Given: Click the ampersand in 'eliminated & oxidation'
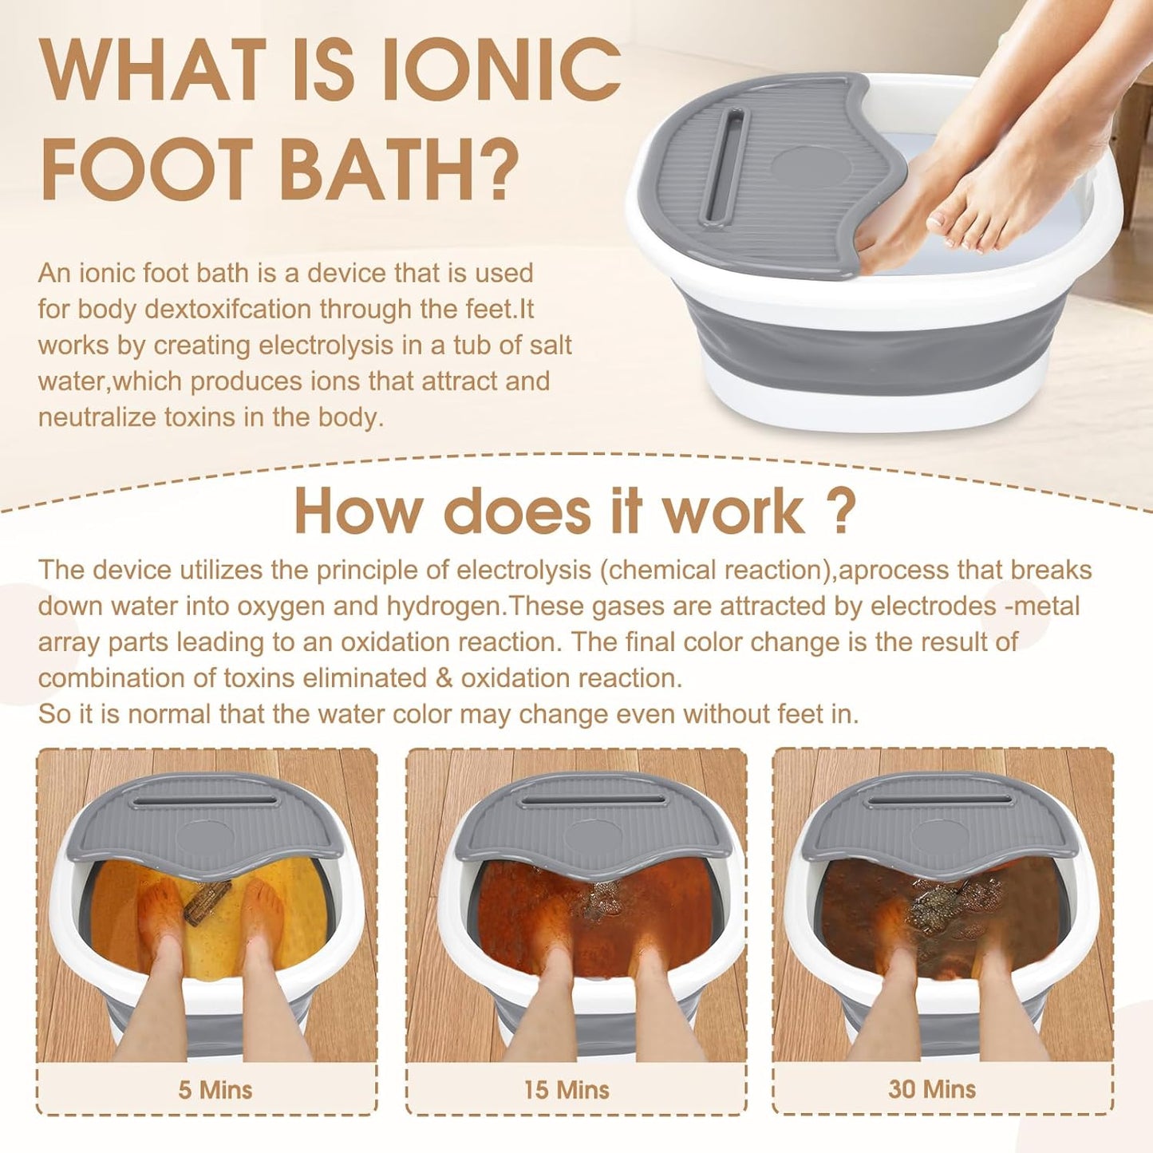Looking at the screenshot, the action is (444, 678).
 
